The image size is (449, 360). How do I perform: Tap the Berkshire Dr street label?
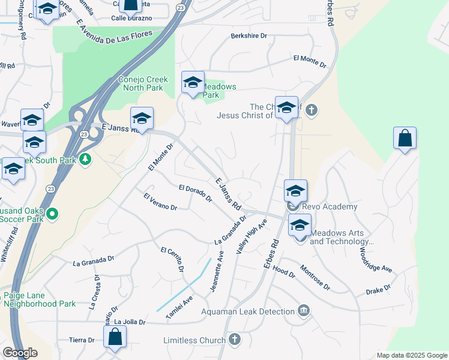coord(249,36)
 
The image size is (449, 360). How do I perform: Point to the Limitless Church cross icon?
coord(235,340)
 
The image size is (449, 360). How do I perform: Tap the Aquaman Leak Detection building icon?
coord(304,311)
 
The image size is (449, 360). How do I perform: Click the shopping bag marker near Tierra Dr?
coord(115,337)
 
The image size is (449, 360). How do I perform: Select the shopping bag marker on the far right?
coord(405,138)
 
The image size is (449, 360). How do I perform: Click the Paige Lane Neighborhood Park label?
coord(40,299)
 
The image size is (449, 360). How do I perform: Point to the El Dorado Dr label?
coord(196,193)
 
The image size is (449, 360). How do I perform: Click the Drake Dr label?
coord(378,290)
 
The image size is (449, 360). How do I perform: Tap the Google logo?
coord(20,353)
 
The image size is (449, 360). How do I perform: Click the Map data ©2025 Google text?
coord(411,355)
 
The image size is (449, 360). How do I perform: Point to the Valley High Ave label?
coord(252,236)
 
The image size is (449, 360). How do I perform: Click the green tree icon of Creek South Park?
coord(85,160)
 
